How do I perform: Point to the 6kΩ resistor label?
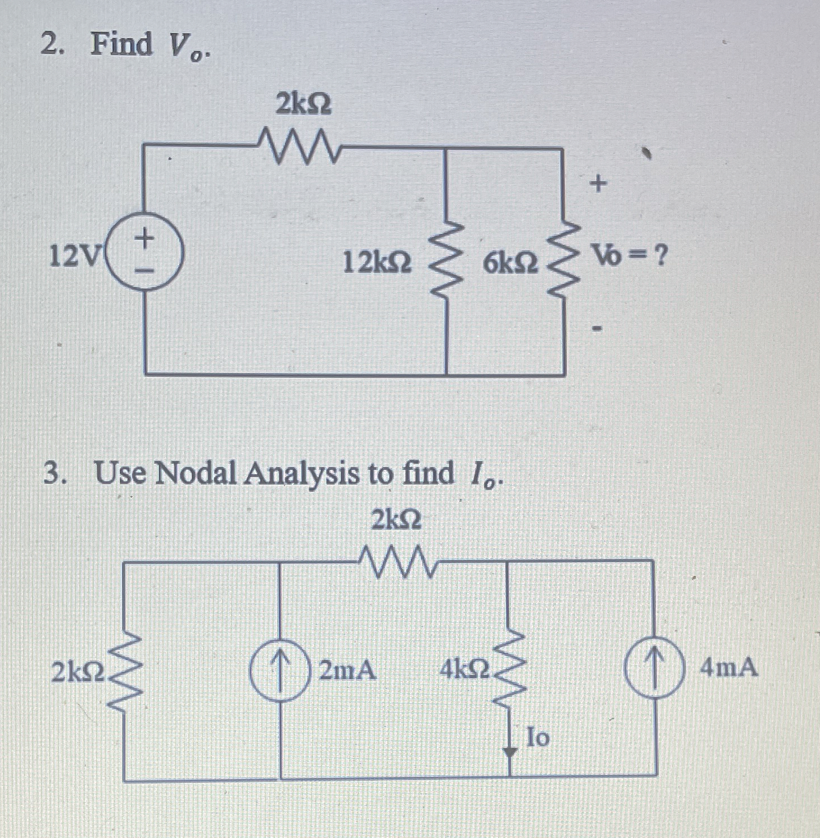[x=510, y=262]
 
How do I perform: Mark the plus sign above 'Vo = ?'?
[x=599, y=183]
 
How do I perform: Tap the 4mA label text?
[x=729, y=668]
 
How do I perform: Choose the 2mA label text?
[x=347, y=670]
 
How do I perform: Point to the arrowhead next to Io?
[x=510, y=751]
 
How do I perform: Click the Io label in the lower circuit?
[x=537, y=737]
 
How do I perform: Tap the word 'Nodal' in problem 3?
[x=195, y=473]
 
